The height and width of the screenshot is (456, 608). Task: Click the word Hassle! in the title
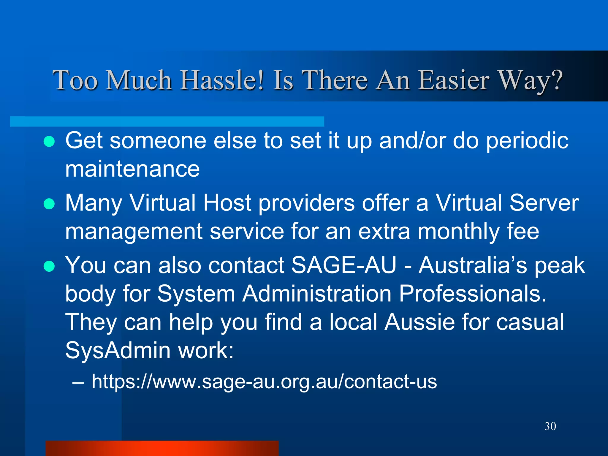point(222,80)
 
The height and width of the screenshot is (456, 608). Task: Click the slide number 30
point(550,426)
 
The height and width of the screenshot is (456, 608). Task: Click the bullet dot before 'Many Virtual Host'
point(49,204)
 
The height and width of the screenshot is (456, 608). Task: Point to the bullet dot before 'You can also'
point(49,266)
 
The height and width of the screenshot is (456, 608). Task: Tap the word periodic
point(527,141)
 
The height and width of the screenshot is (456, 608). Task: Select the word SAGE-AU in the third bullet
point(344,265)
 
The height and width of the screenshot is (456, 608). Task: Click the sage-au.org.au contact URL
point(264,381)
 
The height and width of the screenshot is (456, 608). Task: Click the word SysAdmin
point(118,351)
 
